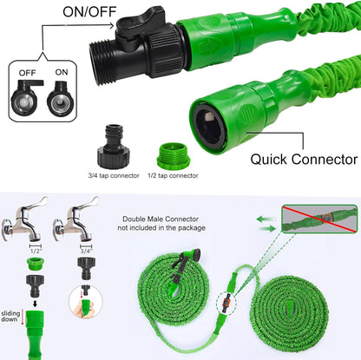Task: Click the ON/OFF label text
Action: click(89, 12)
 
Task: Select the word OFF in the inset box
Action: click(28, 73)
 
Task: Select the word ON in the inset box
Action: click(62, 72)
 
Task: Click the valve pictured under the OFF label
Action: click(25, 98)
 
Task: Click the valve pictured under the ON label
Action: click(60, 99)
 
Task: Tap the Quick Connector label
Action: click(304, 160)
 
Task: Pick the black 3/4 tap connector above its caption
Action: click(113, 146)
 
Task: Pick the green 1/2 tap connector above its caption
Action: click(174, 156)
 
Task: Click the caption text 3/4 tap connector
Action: click(114, 175)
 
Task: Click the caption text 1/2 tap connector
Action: click(173, 175)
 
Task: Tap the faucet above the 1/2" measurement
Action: click(24, 219)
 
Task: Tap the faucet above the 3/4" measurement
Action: click(75, 219)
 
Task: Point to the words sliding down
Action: click(10, 316)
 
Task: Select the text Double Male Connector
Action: click(161, 219)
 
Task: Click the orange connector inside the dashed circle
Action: click(226, 303)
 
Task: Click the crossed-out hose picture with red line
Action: click(319, 219)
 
